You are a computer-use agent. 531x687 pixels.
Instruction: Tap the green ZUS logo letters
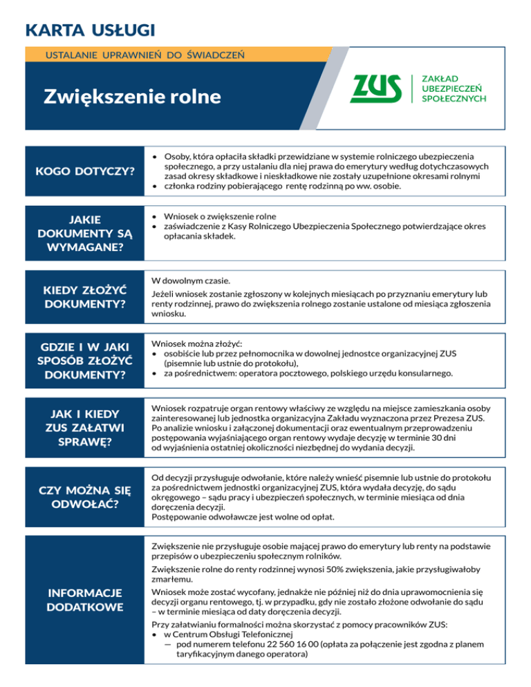(378, 88)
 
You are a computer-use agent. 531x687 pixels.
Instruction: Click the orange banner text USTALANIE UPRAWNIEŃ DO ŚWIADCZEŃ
(143, 54)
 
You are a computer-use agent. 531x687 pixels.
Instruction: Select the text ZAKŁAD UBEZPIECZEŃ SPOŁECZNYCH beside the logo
(454, 88)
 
